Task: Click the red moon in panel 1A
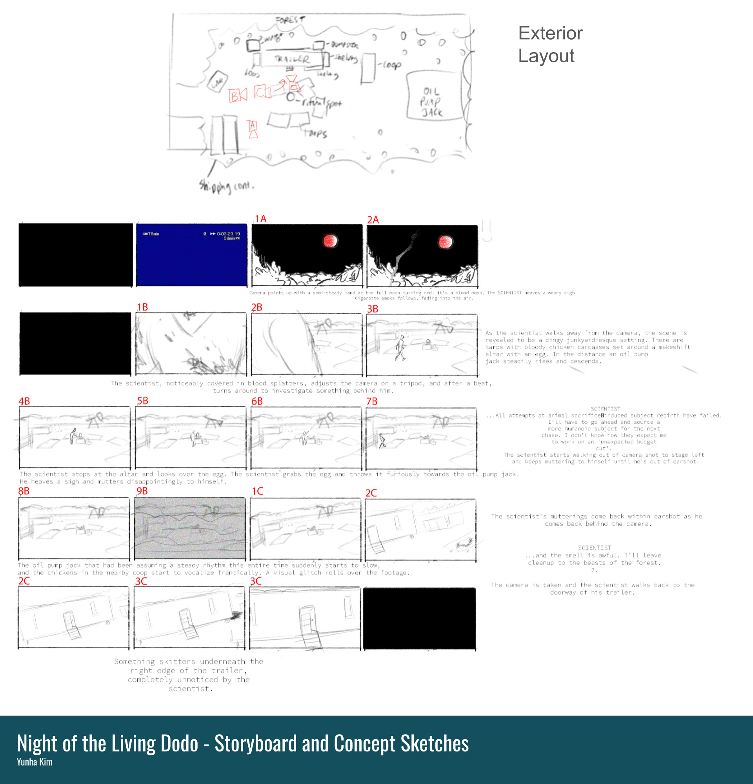[x=330, y=241]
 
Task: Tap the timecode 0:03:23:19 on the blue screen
[x=229, y=234]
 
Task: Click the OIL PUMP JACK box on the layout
[x=431, y=96]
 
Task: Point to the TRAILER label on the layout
[x=292, y=59]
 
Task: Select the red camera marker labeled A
[x=253, y=129]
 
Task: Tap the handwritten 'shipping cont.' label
[x=226, y=186]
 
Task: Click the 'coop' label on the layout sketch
[x=391, y=65]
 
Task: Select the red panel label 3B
[x=373, y=309]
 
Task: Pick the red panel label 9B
[x=142, y=491]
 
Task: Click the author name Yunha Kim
[x=35, y=762]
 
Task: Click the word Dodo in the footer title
[x=179, y=743]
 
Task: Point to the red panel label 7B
[x=372, y=401]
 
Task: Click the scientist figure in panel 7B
[x=382, y=440]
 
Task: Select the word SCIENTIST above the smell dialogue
[x=594, y=548]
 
